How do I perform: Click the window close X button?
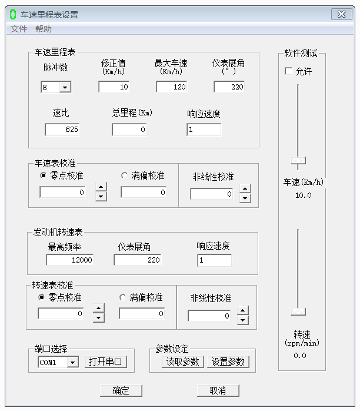(341, 14)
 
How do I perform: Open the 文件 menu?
(19, 29)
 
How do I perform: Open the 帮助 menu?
(44, 29)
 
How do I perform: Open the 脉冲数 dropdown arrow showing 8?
(65, 87)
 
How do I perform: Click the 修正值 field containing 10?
(114, 87)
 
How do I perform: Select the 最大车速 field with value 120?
(172, 87)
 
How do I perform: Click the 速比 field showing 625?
(62, 130)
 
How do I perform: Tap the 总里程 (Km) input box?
(129, 130)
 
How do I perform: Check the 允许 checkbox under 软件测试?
(288, 71)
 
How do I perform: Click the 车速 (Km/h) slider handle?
(298, 160)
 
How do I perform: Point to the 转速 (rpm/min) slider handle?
(298, 311)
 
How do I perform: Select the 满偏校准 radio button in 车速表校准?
(124, 175)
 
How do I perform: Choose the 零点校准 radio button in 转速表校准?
(41, 297)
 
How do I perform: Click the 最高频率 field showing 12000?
(69, 260)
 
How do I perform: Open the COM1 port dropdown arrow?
(73, 362)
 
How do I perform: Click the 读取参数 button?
(183, 362)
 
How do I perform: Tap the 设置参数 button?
(228, 362)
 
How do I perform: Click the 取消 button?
(218, 390)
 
